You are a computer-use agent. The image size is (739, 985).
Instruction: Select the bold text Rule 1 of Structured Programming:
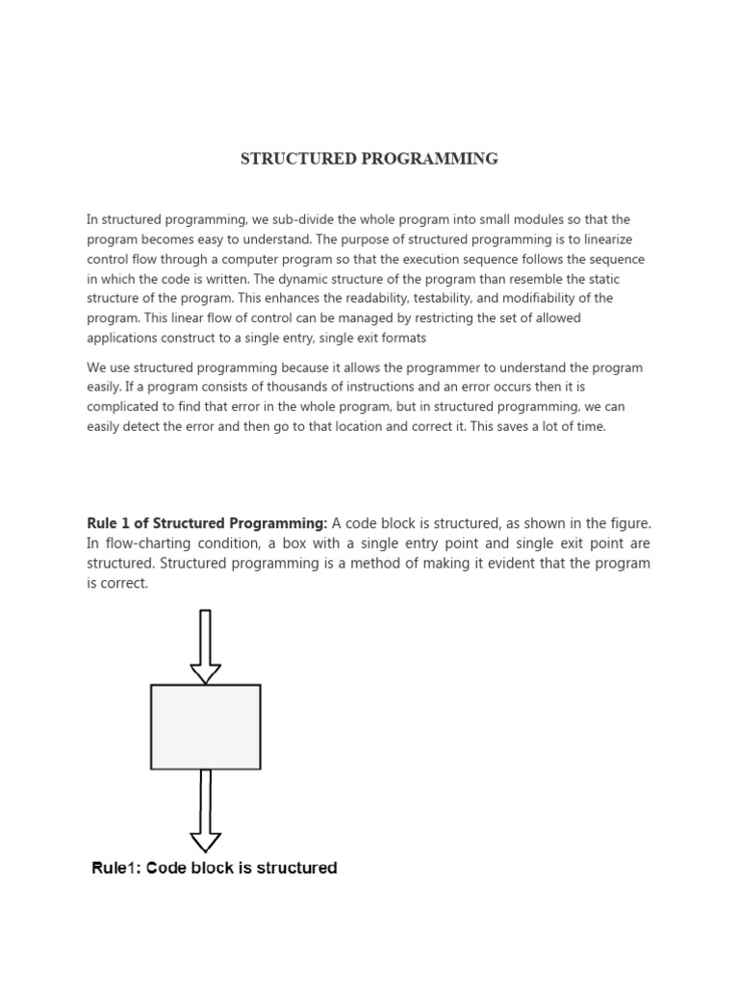(208, 523)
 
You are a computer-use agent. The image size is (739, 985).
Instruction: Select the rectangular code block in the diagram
(205, 726)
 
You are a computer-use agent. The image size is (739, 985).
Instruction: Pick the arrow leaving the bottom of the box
(205, 810)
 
